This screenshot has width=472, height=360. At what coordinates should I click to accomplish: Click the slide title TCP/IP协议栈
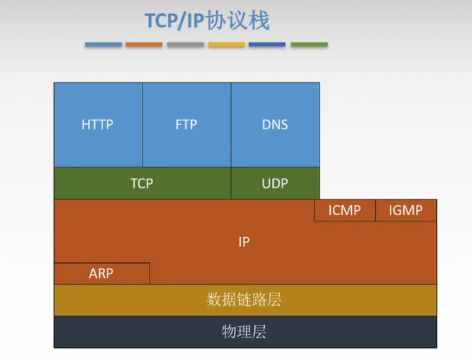pyautogui.click(x=207, y=20)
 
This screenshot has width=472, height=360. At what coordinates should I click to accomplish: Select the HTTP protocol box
pyautogui.click(x=98, y=124)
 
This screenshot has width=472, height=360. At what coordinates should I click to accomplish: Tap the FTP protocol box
pyautogui.click(x=186, y=124)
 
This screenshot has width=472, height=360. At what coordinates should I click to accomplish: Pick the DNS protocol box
pyautogui.click(x=275, y=124)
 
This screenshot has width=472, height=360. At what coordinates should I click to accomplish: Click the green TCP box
pyautogui.click(x=142, y=184)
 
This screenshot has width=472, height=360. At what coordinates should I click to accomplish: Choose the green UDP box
pyautogui.click(x=275, y=184)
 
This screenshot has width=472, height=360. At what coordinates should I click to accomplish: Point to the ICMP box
pyautogui.click(x=344, y=210)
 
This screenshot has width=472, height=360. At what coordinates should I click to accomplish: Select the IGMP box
pyautogui.click(x=406, y=210)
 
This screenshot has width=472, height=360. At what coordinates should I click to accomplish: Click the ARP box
pyautogui.click(x=101, y=274)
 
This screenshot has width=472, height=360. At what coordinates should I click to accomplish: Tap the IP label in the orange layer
pyautogui.click(x=244, y=242)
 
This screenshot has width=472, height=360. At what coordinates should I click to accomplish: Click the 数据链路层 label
pyautogui.click(x=244, y=300)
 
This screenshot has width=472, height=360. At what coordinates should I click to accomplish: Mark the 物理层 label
pyautogui.click(x=244, y=331)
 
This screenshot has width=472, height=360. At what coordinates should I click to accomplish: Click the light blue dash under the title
pyautogui.click(x=103, y=44)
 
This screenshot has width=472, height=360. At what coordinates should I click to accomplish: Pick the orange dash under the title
pyautogui.click(x=144, y=44)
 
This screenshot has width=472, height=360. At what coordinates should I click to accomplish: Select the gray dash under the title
pyautogui.click(x=185, y=44)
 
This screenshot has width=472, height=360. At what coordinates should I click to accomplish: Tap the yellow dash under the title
pyautogui.click(x=226, y=44)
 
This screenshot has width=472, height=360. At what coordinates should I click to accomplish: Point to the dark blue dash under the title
pyautogui.click(x=268, y=44)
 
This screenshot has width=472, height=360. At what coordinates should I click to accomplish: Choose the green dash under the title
pyautogui.click(x=309, y=44)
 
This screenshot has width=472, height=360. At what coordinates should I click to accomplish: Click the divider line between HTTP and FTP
pyautogui.click(x=142, y=124)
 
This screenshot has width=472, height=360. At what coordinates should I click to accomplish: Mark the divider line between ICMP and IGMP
pyautogui.click(x=375, y=210)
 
